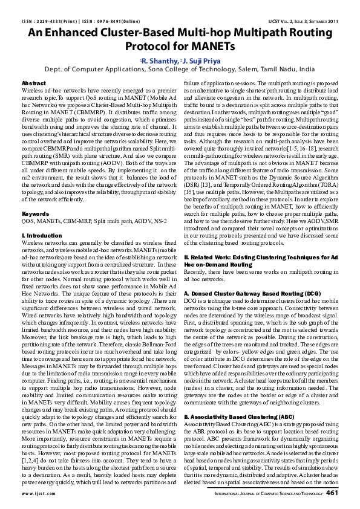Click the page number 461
point(332,493)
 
